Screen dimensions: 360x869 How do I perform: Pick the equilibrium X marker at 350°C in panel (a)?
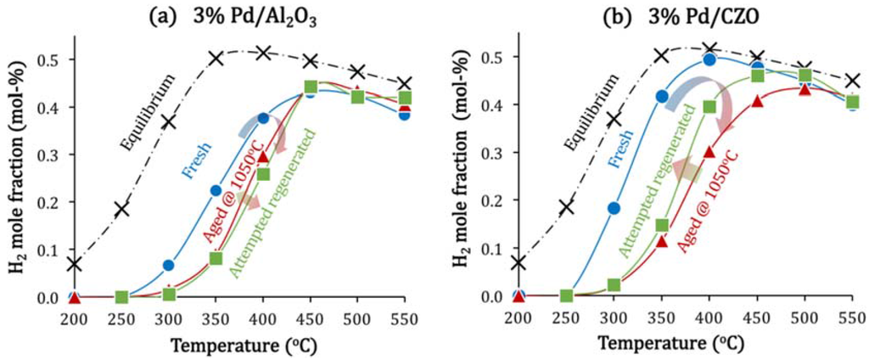(216, 58)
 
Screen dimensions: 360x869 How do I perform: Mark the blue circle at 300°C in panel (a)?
(169, 265)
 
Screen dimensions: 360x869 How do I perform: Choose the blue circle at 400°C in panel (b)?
(710, 59)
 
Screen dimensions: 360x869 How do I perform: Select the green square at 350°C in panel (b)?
(662, 226)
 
